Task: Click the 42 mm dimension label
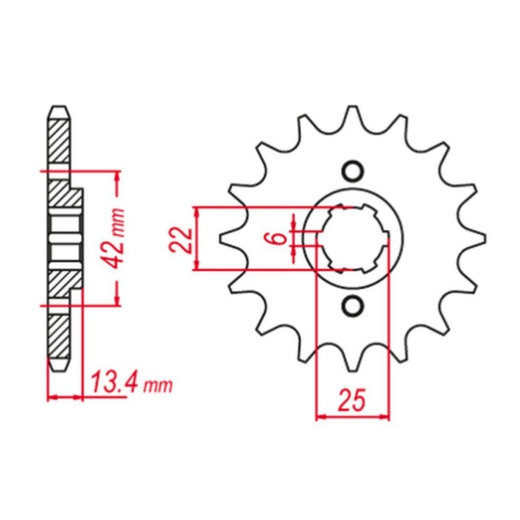click(x=113, y=238)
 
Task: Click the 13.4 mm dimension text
click(x=132, y=384)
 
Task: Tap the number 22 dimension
click(x=181, y=240)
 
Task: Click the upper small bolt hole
click(x=352, y=172)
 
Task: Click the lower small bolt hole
click(x=352, y=305)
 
